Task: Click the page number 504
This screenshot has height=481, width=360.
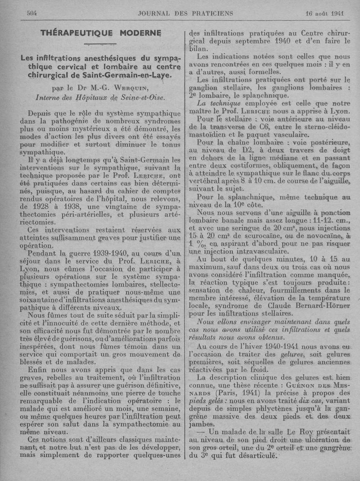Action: coord(31,13)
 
